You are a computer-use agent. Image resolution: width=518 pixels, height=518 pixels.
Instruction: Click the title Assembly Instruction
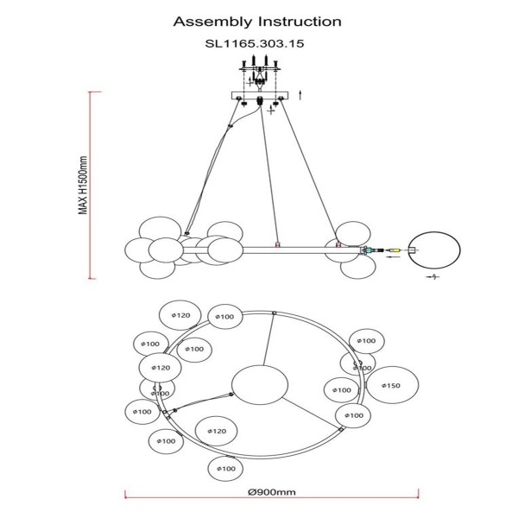tap(258, 21)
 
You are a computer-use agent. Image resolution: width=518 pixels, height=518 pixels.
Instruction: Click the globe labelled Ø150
tap(391, 385)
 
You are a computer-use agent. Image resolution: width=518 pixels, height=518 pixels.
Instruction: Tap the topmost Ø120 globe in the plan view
tap(180, 316)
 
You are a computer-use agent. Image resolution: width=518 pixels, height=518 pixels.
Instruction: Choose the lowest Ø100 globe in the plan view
tap(224, 469)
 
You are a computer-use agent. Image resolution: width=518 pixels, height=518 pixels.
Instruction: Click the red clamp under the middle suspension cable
tap(276, 244)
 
